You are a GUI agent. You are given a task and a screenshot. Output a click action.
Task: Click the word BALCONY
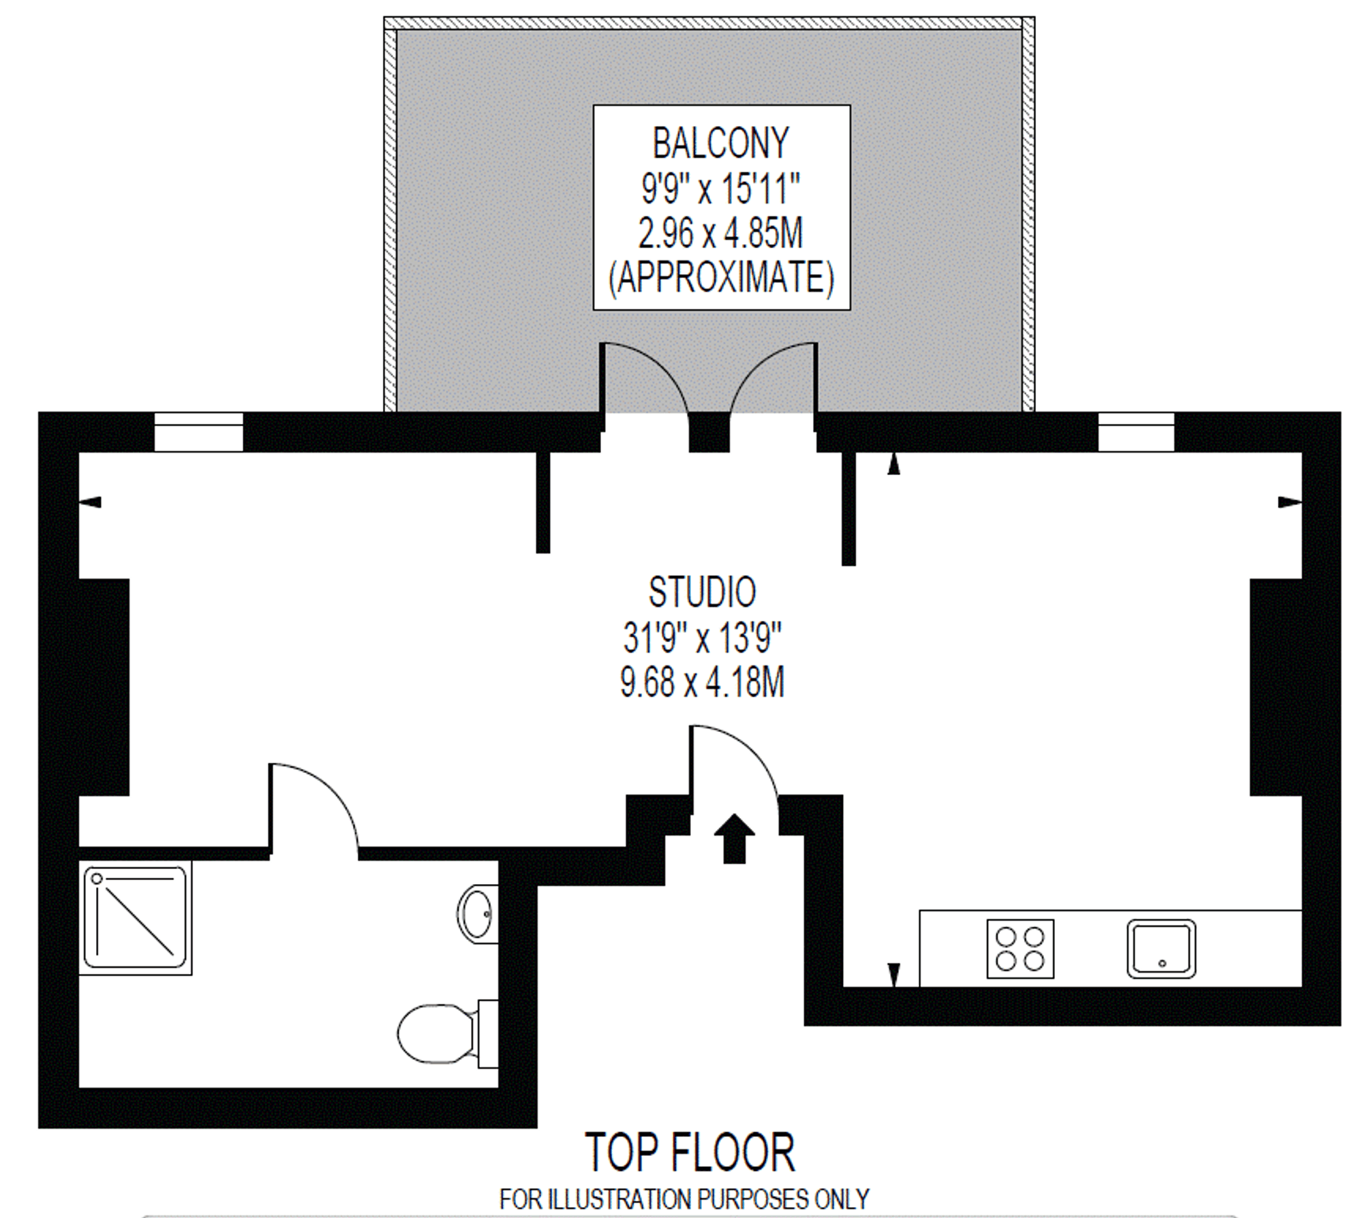pyautogui.click(x=720, y=143)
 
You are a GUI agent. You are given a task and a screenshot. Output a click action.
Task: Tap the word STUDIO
pyautogui.click(x=702, y=592)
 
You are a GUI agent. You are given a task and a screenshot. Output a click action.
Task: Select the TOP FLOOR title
pyautogui.click(x=690, y=1153)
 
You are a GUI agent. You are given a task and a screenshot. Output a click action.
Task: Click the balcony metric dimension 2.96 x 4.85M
pyautogui.click(x=720, y=234)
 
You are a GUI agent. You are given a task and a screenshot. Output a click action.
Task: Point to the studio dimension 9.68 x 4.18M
pyautogui.click(x=702, y=682)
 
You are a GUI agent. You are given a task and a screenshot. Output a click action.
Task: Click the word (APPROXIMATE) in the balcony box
pyautogui.click(x=720, y=278)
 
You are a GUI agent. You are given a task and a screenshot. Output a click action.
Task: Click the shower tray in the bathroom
pyautogui.click(x=135, y=917)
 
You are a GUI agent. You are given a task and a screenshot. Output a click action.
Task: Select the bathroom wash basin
pyautogui.click(x=477, y=913)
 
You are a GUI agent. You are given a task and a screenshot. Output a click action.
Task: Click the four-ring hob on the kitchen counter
pyautogui.click(x=1020, y=949)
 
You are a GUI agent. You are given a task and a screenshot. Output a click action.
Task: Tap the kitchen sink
pyautogui.click(x=1161, y=949)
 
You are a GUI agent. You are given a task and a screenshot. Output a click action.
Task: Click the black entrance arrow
pyautogui.click(x=734, y=838)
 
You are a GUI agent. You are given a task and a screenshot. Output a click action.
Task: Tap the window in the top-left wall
pyautogui.click(x=198, y=432)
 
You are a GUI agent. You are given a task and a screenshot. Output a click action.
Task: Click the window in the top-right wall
pyautogui.click(x=1136, y=432)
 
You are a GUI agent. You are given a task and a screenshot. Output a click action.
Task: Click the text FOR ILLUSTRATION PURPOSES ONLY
pyautogui.click(x=684, y=1199)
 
